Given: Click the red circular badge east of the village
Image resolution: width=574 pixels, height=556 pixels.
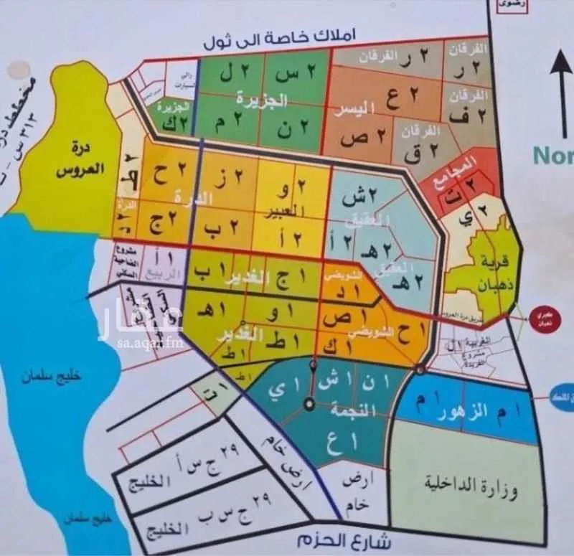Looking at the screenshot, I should point(543,319).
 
